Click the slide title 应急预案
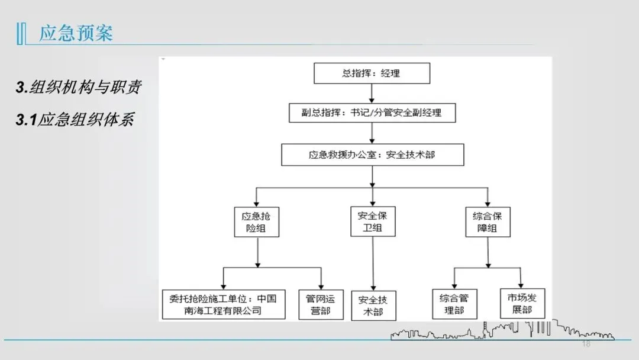tap(76, 33)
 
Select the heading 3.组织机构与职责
tap(78, 88)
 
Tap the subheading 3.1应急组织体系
tap(75, 120)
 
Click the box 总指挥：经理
tap(371, 73)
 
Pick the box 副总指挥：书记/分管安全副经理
tap(372, 112)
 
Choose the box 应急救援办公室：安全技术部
tap(372, 155)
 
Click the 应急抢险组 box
tap(256, 221)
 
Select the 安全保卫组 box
tap(372, 221)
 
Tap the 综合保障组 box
tap(487, 221)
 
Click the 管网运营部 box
tap(321, 304)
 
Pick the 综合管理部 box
tap(454, 304)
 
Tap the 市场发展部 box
tap(522, 303)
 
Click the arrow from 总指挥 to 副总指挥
tap(371, 93)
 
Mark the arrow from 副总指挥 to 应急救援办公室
tap(372, 133)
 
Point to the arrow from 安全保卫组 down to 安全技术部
tap(373, 263)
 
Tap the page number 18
tap(586, 344)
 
